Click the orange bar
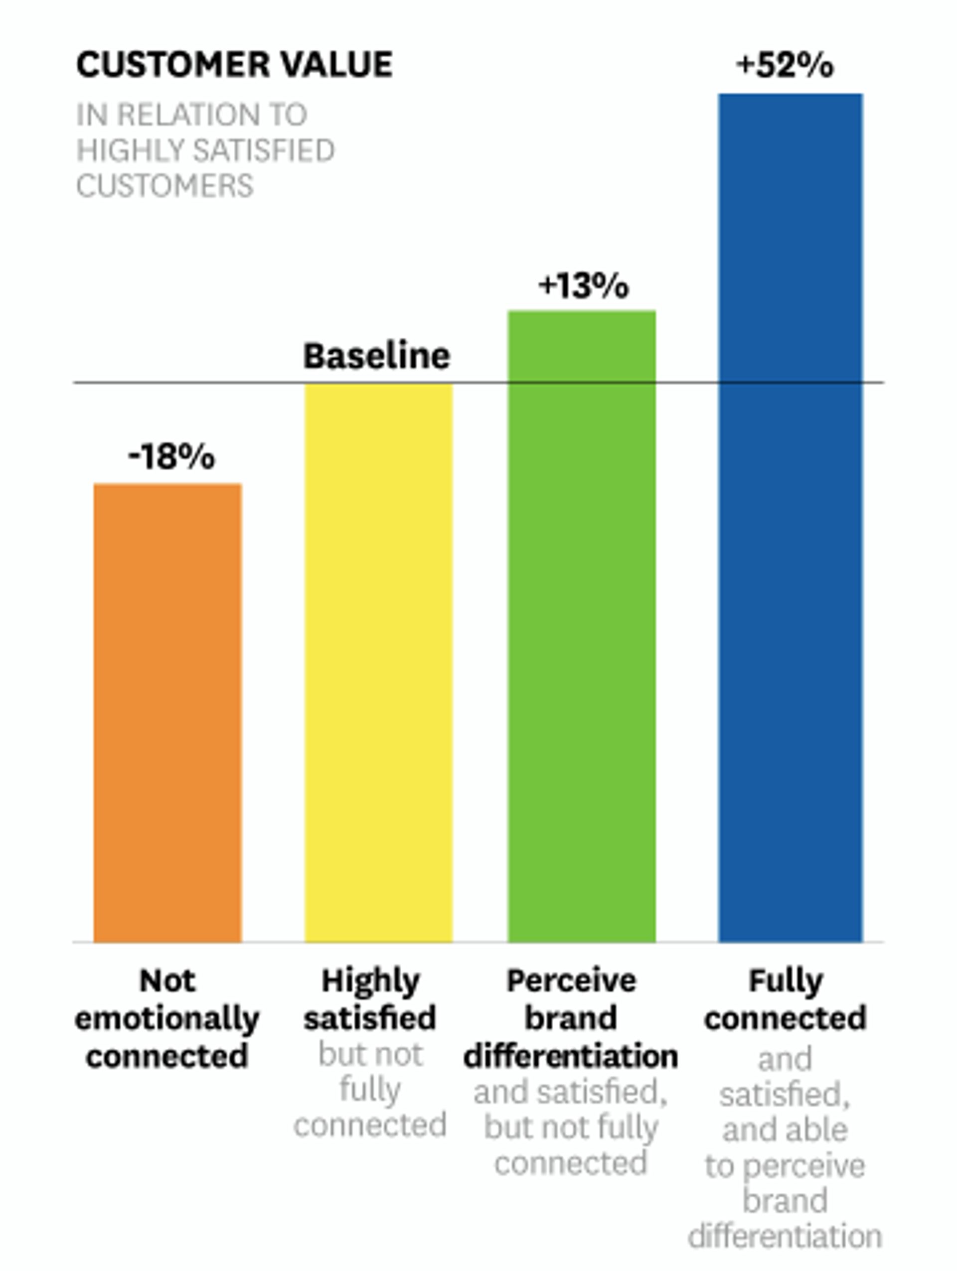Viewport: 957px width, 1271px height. point(167,712)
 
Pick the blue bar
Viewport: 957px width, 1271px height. point(791,517)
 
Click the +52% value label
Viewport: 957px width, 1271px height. point(785,65)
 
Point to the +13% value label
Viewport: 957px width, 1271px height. point(583,285)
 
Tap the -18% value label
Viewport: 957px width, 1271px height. point(171,457)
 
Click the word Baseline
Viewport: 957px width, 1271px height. point(376,356)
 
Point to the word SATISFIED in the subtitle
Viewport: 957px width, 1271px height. point(264,150)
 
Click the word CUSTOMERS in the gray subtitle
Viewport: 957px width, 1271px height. point(164,186)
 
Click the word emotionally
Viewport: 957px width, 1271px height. point(167,1019)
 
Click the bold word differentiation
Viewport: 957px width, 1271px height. point(571,1056)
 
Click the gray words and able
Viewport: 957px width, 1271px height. point(785,1130)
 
